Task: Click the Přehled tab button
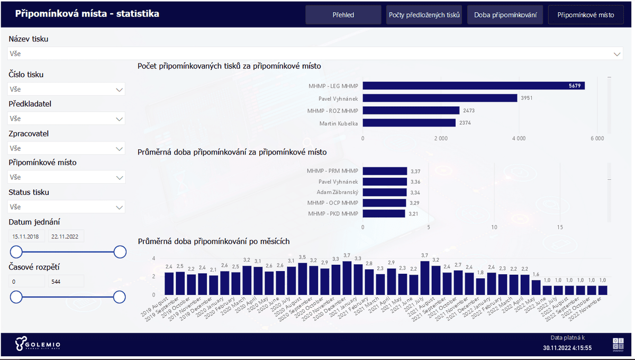click(x=343, y=15)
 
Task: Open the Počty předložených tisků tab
click(x=424, y=15)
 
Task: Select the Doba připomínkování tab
click(x=505, y=15)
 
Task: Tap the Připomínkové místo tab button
click(x=586, y=15)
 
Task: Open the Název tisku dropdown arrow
click(x=616, y=54)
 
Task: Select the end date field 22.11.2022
click(x=66, y=237)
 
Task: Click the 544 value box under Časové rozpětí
click(x=66, y=281)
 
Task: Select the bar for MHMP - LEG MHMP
click(x=474, y=86)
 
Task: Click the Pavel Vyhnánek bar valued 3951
click(x=440, y=98)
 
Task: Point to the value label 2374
click(x=465, y=123)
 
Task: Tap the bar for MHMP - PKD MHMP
click(x=384, y=213)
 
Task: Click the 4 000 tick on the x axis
click(x=519, y=138)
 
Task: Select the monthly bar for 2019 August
click(x=169, y=283)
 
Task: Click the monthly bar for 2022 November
click(x=602, y=290)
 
